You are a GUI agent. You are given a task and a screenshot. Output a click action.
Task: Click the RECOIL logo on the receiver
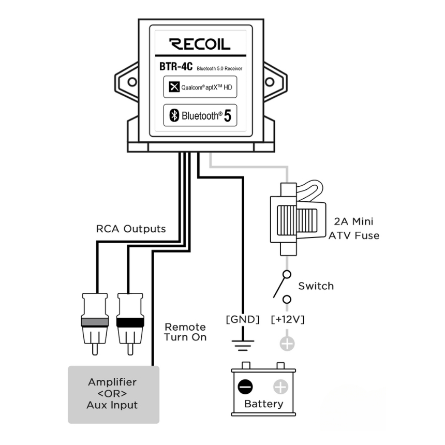pyautogui.click(x=199, y=44)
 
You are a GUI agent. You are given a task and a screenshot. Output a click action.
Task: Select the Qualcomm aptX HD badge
pyautogui.click(x=200, y=87)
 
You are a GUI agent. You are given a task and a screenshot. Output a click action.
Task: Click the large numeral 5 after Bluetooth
pyautogui.click(x=227, y=115)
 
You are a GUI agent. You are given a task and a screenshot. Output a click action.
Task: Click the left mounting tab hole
pyautogui.click(x=132, y=82)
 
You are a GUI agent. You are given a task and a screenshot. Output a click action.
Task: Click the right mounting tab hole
pyautogui.click(x=269, y=82)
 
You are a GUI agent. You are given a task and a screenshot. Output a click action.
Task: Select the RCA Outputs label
pyautogui.click(x=131, y=229)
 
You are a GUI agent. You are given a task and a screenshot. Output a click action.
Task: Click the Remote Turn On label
pyautogui.click(x=185, y=332)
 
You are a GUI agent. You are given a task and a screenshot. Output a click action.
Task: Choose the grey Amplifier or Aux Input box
pyautogui.click(x=112, y=393)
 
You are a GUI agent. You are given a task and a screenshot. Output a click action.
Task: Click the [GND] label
pyautogui.click(x=242, y=320)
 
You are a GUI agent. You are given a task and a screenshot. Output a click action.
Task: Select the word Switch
pyautogui.click(x=316, y=286)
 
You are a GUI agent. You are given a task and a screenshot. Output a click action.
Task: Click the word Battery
pyautogui.click(x=263, y=404)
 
